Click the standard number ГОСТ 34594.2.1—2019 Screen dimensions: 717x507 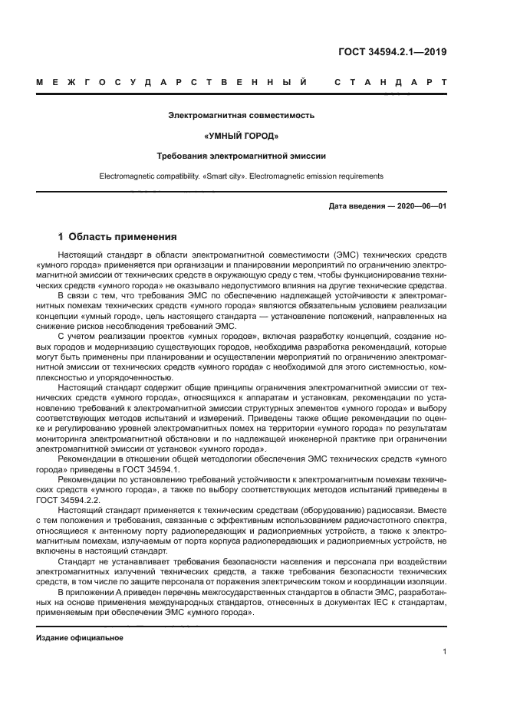[393, 53]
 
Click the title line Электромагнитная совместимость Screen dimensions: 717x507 [242, 116]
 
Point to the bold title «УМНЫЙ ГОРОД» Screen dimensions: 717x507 [242, 136]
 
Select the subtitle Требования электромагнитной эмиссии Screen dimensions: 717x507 [242, 156]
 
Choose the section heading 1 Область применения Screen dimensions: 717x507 [117, 236]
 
